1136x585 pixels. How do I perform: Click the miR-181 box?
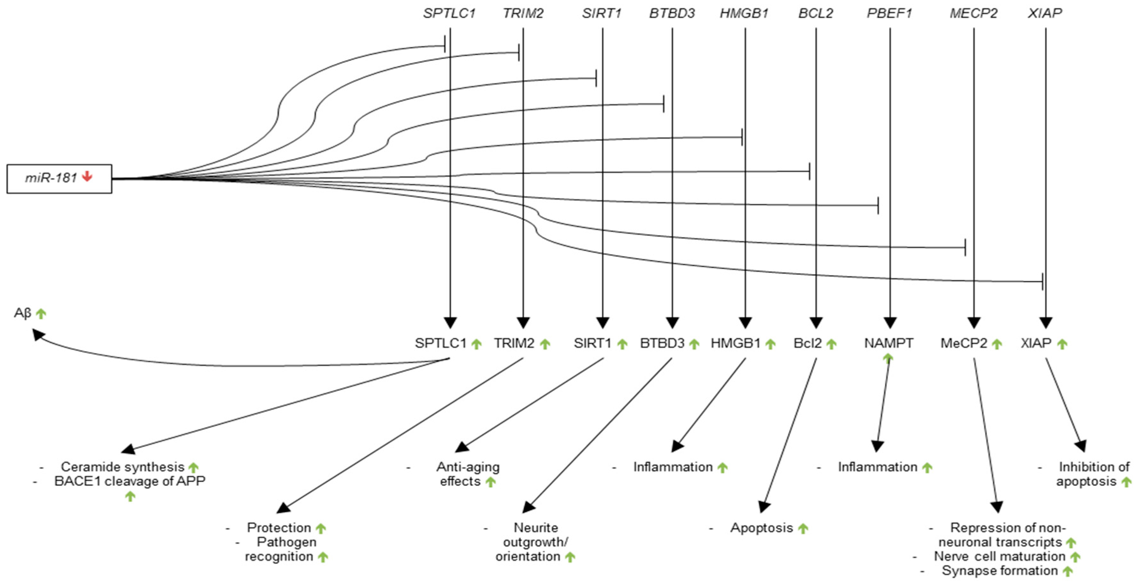pyautogui.click(x=59, y=178)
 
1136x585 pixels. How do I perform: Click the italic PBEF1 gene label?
pyautogui.click(x=889, y=13)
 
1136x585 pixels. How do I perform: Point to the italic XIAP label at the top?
pyautogui.click(x=1045, y=13)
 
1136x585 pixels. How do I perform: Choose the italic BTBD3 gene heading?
pyautogui.click(x=672, y=13)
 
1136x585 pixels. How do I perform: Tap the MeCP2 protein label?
pyautogui.click(x=964, y=343)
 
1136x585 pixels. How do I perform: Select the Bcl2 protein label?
pyautogui.click(x=807, y=343)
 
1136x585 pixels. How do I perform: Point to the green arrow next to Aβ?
pyautogui.click(x=41, y=314)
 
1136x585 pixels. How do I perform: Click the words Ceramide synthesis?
pyautogui.click(x=123, y=466)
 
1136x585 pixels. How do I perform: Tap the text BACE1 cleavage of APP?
pyautogui.click(x=130, y=481)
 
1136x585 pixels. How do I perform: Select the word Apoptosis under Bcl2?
pyautogui.click(x=761, y=528)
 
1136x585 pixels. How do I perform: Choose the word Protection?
pyautogui.click(x=279, y=528)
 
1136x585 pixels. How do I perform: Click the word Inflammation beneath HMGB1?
pyautogui.click(x=673, y=467)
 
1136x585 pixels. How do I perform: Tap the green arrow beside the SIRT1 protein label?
pyautogui.click(x=622, y=344)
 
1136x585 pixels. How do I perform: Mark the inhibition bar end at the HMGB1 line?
pyautogui.click(x=742, y=137)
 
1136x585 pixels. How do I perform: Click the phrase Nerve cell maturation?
pyautogui.click(x=1000, y=556)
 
